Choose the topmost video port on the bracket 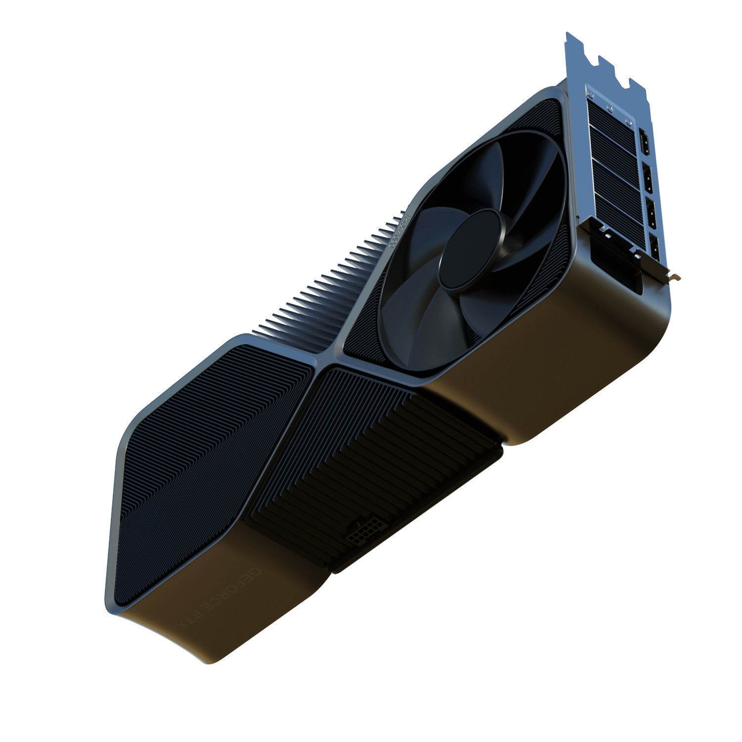645,141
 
